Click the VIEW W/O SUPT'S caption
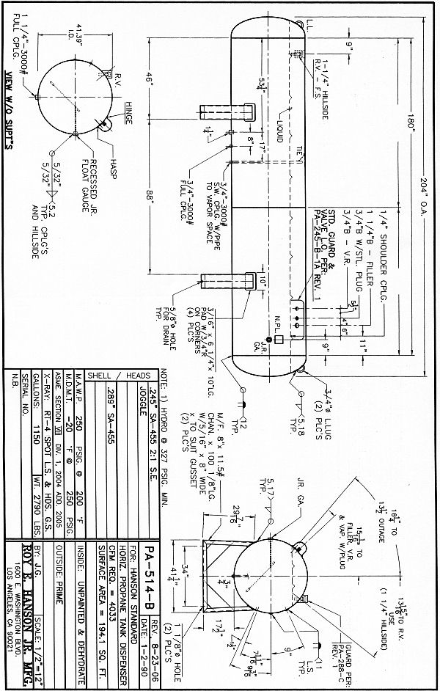(x=9, y=109)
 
